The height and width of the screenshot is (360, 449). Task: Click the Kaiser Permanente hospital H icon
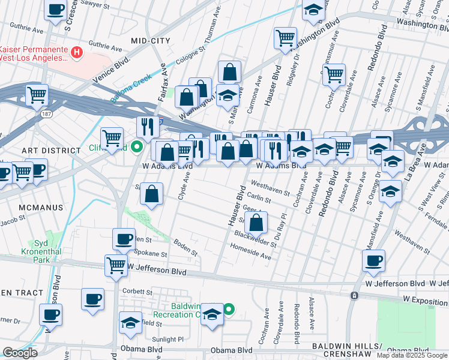coord(76,53)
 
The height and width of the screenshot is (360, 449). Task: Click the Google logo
coord(20,353)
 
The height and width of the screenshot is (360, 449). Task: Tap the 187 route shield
coord(46,113)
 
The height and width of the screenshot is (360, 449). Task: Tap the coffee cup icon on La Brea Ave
coord(373,261)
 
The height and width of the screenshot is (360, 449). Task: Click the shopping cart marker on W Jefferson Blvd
coord(115,265)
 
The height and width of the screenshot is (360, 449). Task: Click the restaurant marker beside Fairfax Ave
coord(146,127)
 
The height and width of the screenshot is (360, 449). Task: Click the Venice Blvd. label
coord(111,70)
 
